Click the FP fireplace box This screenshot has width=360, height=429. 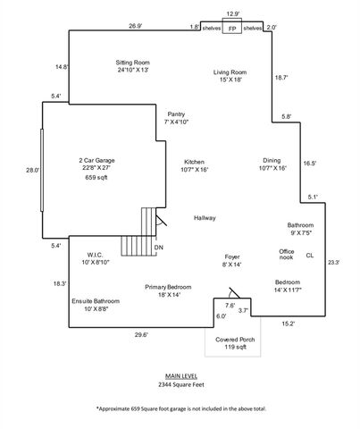[232, 29]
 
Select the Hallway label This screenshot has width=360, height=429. [205, 218]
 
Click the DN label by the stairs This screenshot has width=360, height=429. [159, 248]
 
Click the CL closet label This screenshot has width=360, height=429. [310, 256]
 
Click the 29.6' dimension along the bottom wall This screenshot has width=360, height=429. [140, 335]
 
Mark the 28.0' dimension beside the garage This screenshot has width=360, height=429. [33, 170]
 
